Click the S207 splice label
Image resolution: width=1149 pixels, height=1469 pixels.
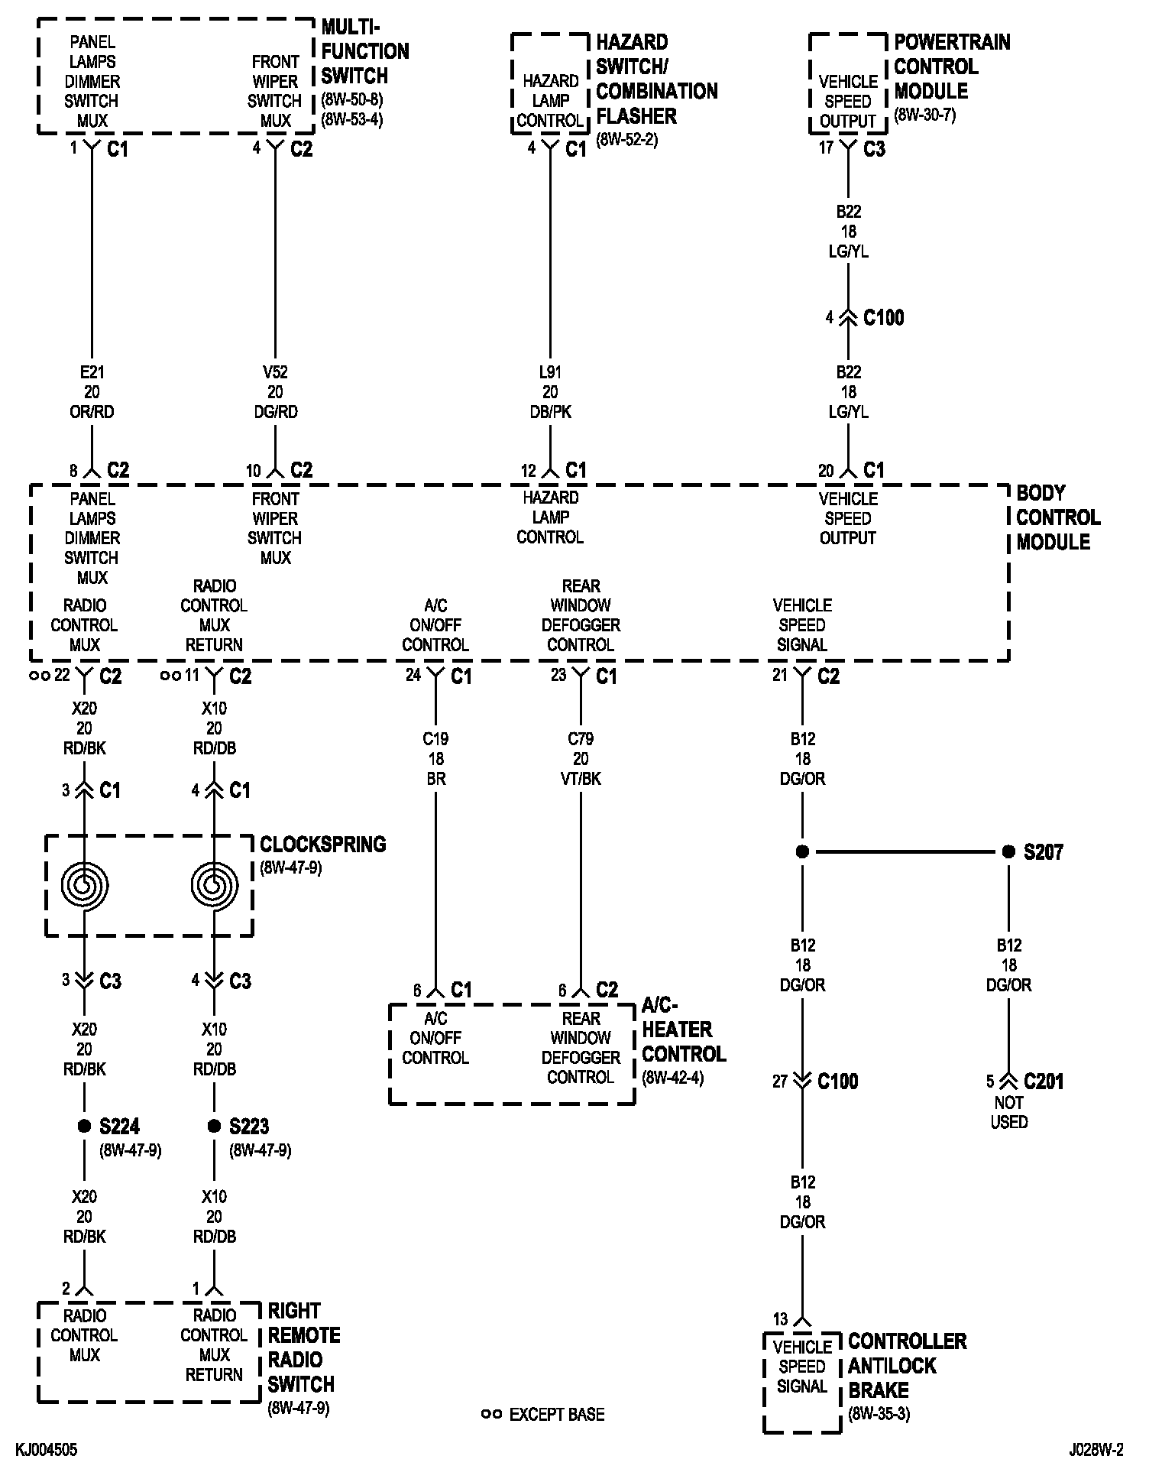tap(1043, 851)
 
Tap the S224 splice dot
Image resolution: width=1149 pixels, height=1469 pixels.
tap(84, 1126)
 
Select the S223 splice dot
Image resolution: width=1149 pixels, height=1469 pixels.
tap(214, 1126)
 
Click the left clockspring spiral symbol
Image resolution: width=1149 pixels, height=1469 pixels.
tap(85, 885)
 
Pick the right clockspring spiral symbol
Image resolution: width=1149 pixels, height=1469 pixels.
tap(214, 885)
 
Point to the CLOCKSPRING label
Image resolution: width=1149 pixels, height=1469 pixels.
tap(322, 845)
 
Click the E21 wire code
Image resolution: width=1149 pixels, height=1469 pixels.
tap(92, 372)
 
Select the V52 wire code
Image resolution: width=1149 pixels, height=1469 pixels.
tap(275, 372)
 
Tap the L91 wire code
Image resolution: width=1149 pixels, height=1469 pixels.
tap(550, 372)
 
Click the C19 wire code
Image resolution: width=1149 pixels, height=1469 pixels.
tap(435, 739)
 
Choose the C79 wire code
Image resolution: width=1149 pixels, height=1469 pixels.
tap(581, 739)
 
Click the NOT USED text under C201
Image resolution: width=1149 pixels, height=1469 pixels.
tap(1009, 1112)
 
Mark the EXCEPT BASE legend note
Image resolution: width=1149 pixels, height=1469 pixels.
tap(556, 1414)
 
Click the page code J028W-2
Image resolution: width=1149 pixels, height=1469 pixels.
tap(1096, 1450)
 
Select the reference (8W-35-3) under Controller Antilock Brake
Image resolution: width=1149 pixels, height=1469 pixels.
tap(879, 1414)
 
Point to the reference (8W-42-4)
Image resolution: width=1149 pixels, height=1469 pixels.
tap(672, 1078)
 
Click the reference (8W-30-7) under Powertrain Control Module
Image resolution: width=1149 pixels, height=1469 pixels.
tap(924, 115)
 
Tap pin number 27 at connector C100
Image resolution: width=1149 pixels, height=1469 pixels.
tap(779, 1081)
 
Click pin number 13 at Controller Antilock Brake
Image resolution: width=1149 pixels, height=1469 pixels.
tap(779, 1319)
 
